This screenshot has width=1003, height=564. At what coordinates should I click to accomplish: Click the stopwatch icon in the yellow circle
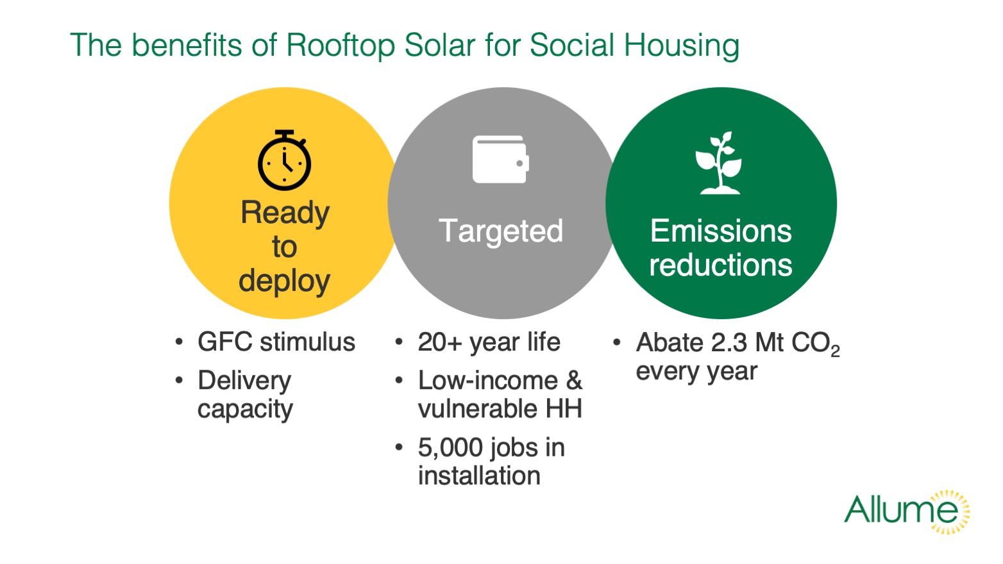point(284,160)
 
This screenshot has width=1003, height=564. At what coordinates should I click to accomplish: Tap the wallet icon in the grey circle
point(501,160)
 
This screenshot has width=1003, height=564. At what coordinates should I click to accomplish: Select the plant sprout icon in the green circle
point(719,163)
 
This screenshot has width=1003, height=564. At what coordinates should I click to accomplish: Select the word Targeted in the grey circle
point(501,231)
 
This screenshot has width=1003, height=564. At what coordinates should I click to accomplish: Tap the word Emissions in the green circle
point(721,231)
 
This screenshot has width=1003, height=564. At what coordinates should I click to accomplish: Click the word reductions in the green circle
point(721,265)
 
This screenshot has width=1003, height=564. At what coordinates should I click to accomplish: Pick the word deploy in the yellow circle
point(284,282)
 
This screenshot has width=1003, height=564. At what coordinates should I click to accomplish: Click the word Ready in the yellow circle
point(285,213)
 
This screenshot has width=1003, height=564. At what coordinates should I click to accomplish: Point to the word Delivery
point(244,381)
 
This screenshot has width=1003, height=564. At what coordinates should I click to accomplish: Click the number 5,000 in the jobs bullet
point(450,447)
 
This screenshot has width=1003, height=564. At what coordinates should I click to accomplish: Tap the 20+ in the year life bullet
point(440,342)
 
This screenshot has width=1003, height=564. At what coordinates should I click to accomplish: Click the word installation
point(479,476)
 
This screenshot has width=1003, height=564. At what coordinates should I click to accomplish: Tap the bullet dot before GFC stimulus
point(179,342)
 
